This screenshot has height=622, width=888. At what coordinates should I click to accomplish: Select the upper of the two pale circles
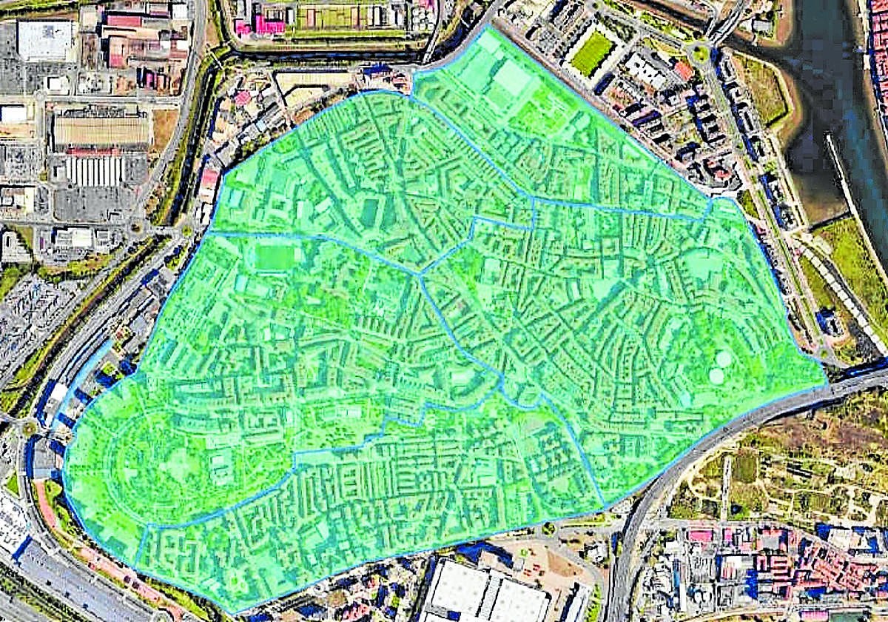pos(723,359)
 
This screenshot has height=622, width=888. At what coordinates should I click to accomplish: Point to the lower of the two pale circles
pos(716,375)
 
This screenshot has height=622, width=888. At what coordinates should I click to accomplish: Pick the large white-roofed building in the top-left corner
pos(45,39)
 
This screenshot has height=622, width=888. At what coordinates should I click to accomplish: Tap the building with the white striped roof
pos(94,170)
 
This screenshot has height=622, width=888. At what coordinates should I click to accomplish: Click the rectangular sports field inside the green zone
pos(275,257)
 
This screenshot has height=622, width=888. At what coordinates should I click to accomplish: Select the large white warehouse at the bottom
pos(485,592)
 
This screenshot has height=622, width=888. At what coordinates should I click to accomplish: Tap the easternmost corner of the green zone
pos(827,385)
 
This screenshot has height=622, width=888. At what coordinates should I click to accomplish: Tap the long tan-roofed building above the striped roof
pos(101,130)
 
